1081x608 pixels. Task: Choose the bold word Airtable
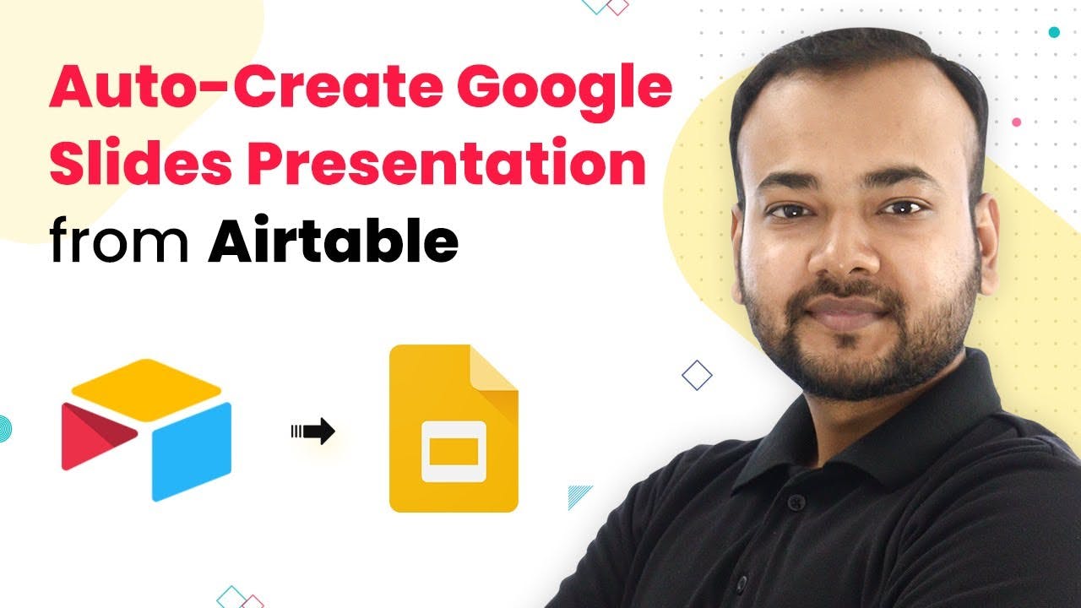tap(333, 238)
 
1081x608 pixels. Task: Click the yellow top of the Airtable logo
tap(146, 389)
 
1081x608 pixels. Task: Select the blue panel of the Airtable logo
tap(192, 452)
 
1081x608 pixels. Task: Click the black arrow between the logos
tap(312, 431)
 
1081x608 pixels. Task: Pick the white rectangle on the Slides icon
tap(454, 452)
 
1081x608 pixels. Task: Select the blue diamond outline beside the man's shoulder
tap(697, 375)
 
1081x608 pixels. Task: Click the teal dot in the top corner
tap(1055, 32)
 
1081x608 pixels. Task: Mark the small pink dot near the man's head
tap(1016, 122)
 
